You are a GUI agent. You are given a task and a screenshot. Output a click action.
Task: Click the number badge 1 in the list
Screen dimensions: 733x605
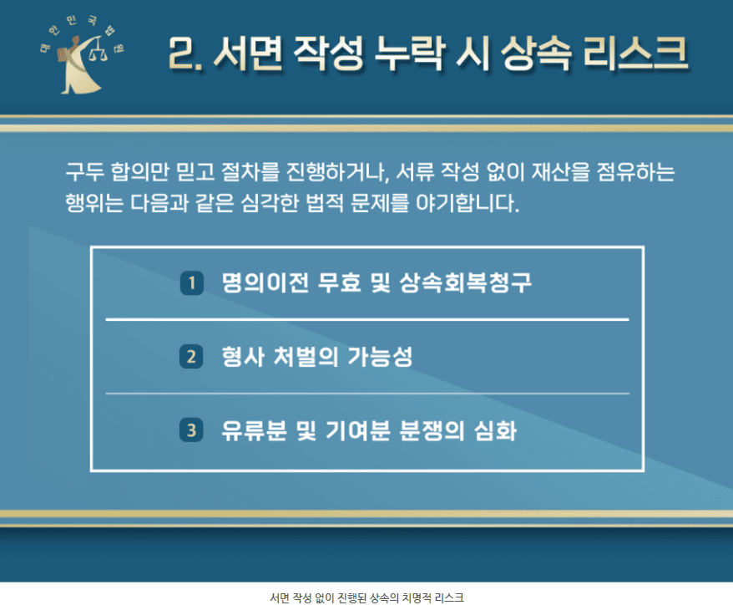click(x=192, y=283)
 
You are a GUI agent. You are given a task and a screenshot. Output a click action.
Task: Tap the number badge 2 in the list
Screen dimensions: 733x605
click(x=191, y=357)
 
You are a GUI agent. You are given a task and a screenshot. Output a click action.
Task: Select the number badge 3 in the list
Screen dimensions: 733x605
click(x=191, y=430)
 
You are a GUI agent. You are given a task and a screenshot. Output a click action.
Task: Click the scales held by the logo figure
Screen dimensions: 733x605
click(x=99, y=50)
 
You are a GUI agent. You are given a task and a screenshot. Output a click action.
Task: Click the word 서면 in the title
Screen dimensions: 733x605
click(x=248, y=53)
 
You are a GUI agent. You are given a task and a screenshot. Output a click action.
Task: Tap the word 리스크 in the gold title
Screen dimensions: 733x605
click(x=636, y=53)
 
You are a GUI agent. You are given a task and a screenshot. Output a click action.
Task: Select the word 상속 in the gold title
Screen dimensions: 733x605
click(x=536, y=53)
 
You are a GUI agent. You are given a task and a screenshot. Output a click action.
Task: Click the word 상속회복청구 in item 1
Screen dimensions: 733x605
click(x=466, y=282)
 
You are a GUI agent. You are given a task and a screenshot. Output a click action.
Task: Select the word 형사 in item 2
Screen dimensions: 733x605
click(x=243, y=357)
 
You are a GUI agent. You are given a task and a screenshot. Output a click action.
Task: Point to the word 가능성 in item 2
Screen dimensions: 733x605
click(x=380, y=357)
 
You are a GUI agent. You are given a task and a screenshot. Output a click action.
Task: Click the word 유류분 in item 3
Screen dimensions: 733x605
click(x=255, y=430)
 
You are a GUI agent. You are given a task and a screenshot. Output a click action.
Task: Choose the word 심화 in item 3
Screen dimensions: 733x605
click(x=496, y=430)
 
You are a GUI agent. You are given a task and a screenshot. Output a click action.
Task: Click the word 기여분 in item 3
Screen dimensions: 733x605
click(x=357, y=430)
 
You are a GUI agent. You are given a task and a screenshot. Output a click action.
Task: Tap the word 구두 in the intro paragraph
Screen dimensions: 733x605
click(x=85, y=171)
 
